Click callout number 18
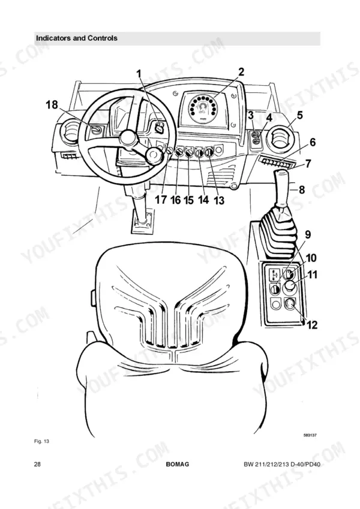(x=52, y=105)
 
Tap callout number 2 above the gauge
(x=241, y=72)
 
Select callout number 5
(x=299, y=115)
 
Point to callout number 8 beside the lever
(x=302, y=189)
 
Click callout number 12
(x=312, y=324)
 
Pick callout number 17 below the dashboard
(x=161, y=200)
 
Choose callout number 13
(x=220, y=200)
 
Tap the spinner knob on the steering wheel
(x=154, y=156)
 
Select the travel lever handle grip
(x=281, y=188)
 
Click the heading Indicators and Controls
(x=77, y=38)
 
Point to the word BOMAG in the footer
(x=178, y=464)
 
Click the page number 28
(x=37, y=464)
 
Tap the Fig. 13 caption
(x=41, y=441)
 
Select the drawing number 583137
(x=310, y=435)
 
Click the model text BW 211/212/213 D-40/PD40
(x=282, y=465)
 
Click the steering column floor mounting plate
(x=142, y=221)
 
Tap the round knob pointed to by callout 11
(x=289, y=287)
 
